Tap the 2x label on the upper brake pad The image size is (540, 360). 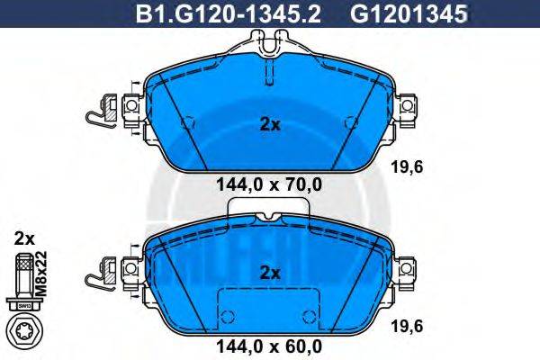tap(270, 125)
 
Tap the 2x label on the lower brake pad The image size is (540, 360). tap(270, 272)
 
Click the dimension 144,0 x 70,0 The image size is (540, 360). tap(270, 186)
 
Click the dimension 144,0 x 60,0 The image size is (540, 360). tap(270, 343)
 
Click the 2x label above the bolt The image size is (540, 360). tap(24, 238)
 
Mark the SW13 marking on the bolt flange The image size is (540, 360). tap(25, 304)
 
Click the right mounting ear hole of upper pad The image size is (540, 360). tap(408, 108)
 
